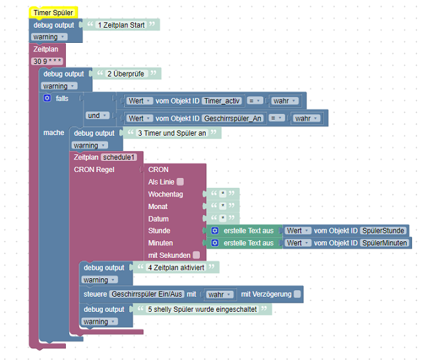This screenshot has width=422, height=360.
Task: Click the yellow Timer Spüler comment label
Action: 53,13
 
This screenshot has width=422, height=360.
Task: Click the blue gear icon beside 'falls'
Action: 47,98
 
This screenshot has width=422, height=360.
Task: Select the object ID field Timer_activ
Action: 222,101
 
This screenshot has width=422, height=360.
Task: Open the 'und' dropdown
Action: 96,115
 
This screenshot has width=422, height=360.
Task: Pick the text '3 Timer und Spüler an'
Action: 170,133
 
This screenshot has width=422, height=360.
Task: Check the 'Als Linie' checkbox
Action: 180,182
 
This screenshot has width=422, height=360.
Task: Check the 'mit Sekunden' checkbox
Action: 196,255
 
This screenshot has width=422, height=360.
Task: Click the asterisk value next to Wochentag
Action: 223,195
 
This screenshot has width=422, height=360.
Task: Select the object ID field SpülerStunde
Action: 383,231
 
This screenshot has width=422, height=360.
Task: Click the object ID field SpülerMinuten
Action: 385,243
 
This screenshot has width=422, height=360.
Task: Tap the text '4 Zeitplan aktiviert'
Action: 176,268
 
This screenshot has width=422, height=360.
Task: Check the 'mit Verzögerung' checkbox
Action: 297,293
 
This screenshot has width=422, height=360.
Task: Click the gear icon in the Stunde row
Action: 215,231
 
